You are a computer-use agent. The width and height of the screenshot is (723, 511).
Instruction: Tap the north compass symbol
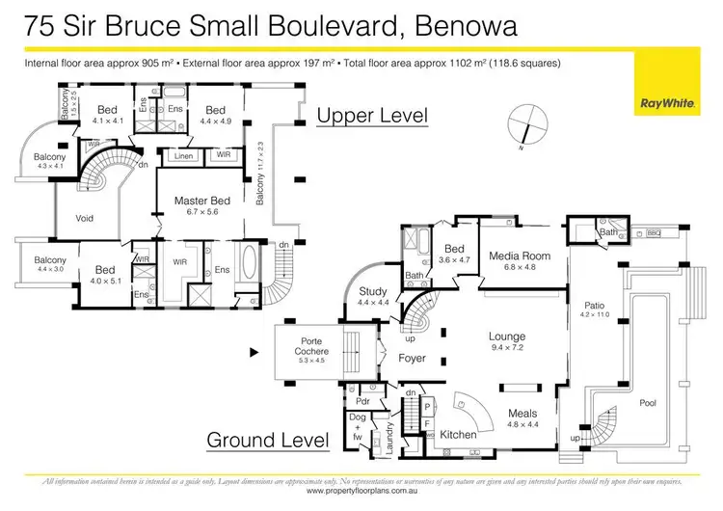[527, 124]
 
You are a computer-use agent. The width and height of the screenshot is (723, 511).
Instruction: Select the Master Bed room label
[198, 201]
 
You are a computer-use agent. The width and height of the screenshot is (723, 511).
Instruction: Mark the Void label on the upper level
[85, 219]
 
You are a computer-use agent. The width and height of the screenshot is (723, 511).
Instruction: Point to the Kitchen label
[458, 435]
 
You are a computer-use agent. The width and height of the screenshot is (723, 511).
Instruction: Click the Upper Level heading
[372, 116]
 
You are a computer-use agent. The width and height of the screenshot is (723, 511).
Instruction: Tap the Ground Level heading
[268, 441]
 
